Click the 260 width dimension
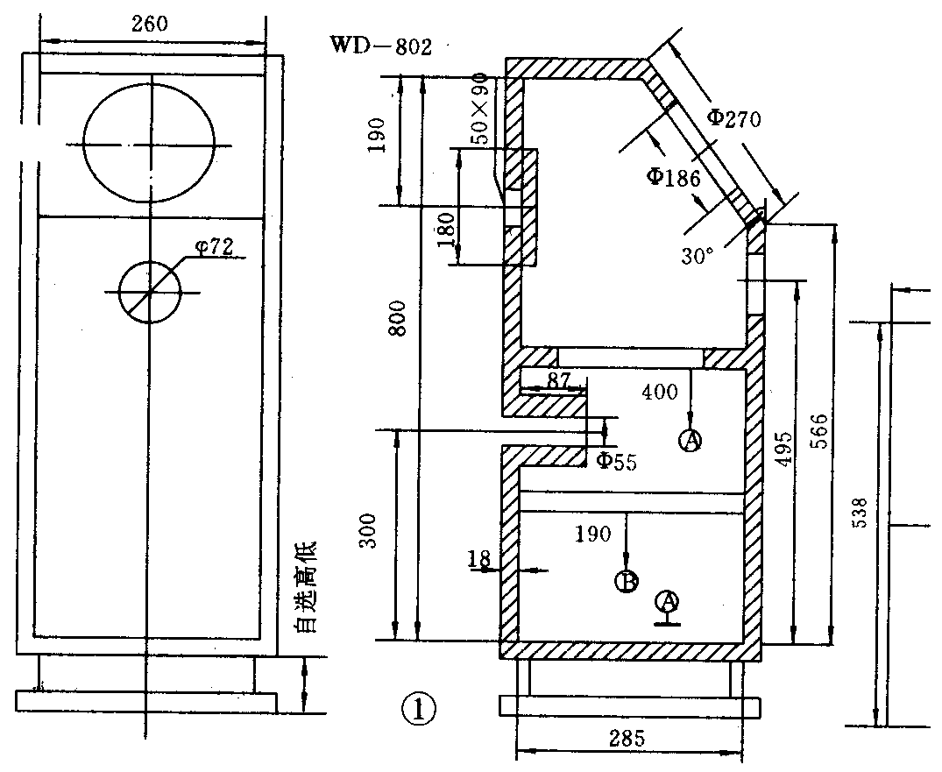[x=150, y=24]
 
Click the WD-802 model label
[x=381, y=46]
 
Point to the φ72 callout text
[x=215, y=246]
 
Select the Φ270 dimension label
[x=733, y=117]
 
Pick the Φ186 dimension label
[x=673, y=177]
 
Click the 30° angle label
[x=697, y=255]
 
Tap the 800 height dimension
[x=399, y=318]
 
